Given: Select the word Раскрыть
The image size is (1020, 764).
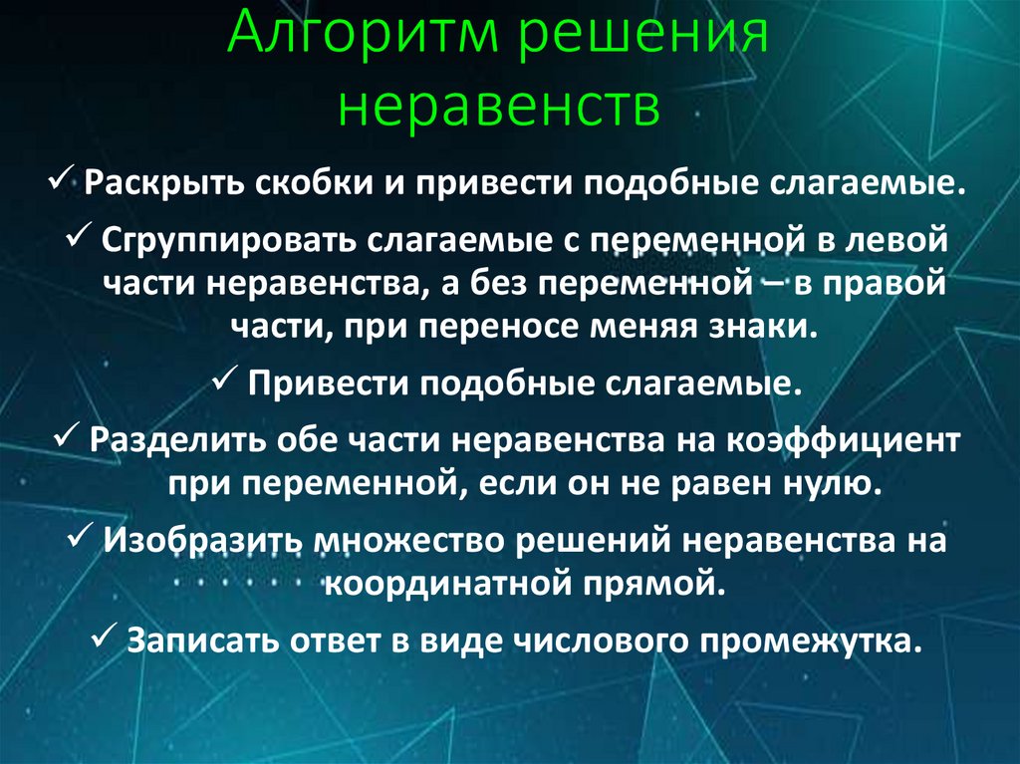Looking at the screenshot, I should (164, 186).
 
